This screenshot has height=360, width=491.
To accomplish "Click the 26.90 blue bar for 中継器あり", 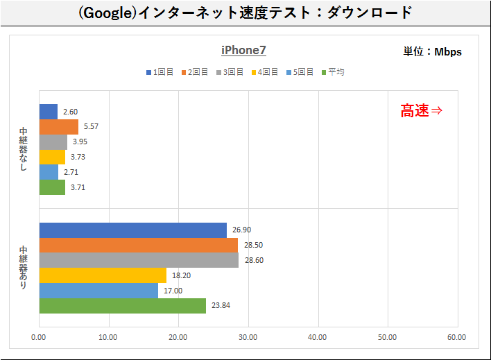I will coord(132,230).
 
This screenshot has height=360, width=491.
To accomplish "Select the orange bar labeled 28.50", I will coord(138,246).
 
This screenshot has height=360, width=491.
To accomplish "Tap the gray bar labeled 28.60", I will coord(139,260).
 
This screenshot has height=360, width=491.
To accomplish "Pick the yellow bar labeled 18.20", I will coord(103,275).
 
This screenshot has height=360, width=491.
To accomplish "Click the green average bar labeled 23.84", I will coord(122,305).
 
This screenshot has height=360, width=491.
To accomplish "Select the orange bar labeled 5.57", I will coord(58,127).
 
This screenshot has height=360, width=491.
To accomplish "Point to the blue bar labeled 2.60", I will coord(48,112).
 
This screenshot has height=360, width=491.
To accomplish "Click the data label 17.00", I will coord(173,291).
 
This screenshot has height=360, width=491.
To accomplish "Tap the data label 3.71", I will coord(78,187).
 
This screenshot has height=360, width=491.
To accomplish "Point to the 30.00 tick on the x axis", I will coord(248,338).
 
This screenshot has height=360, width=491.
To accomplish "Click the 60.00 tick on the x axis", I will coord(456,338).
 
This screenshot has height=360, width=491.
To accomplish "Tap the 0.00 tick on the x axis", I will coord(38,338).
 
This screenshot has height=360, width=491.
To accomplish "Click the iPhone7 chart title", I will coord(243,50).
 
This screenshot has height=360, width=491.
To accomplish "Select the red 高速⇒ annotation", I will coord(421,110).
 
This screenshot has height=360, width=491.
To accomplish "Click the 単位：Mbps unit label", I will coord(432,51).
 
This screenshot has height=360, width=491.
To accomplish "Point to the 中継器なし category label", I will coord(24,149).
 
